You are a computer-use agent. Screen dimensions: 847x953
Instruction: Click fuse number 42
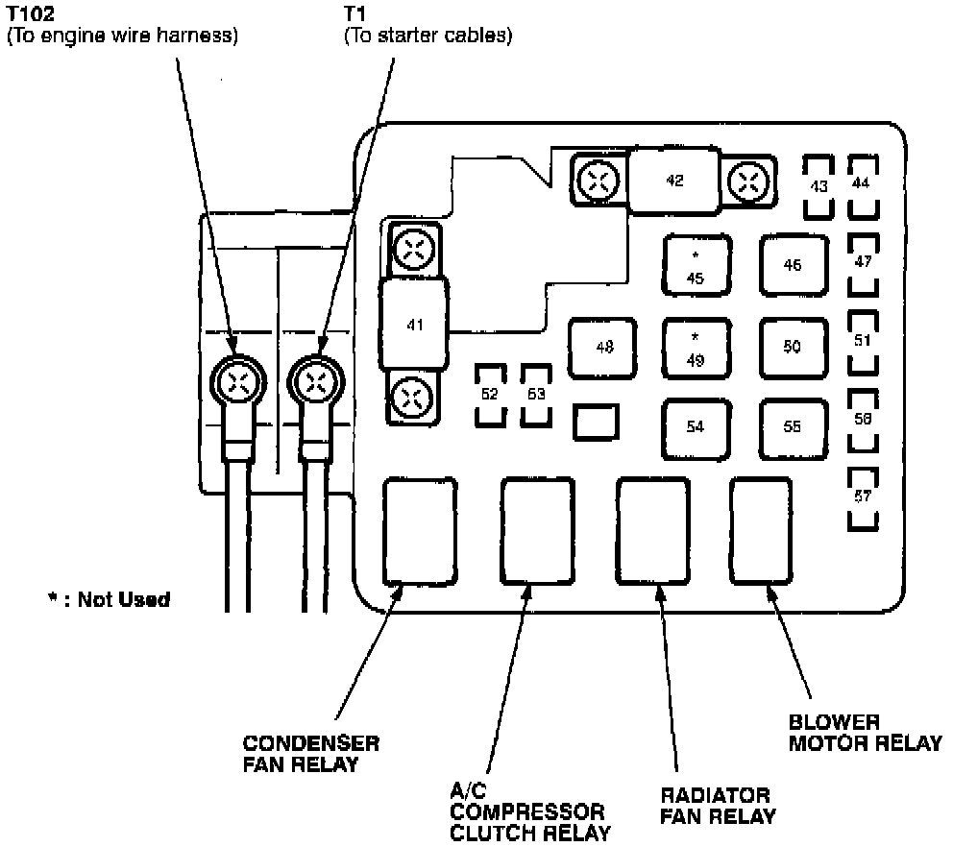(673, 181)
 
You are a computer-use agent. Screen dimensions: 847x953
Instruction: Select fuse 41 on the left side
(414, 326)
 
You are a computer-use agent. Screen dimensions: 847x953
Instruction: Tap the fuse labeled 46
(792, 266)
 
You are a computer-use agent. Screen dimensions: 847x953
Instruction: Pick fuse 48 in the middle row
(603, 348)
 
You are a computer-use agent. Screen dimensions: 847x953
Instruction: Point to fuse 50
(792, 348)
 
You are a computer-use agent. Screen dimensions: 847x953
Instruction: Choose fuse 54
(695, 427)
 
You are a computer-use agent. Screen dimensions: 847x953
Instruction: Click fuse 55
(792, 427)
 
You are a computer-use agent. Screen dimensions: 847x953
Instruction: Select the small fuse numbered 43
(819, 185)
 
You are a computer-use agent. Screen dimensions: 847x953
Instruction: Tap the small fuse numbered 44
(863, 182)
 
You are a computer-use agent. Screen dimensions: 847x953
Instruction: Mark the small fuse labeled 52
(491, 395)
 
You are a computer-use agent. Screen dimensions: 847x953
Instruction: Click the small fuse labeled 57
(863, 497)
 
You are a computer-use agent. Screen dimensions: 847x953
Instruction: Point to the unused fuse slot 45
(696, 266)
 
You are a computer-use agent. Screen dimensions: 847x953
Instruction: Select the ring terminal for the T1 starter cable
(315, 384)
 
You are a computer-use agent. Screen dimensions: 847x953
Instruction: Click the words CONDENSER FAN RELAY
(310, 754)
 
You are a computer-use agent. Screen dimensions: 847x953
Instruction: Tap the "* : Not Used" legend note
(109, 599)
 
